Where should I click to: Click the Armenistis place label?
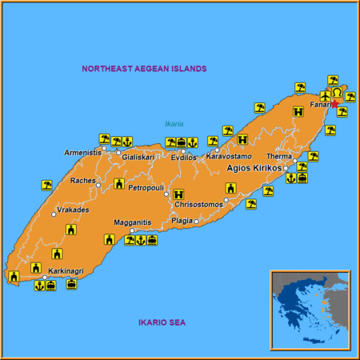83,152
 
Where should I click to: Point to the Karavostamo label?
229,156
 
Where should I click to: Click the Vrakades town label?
73,210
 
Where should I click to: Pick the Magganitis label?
132,222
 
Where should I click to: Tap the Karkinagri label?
66,271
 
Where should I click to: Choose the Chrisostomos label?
199,205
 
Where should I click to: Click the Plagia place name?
182,221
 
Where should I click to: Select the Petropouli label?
146,188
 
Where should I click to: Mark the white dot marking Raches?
99,186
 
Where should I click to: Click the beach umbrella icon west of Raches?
47,185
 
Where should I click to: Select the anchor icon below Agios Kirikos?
290,178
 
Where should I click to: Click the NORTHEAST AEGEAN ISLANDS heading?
144,69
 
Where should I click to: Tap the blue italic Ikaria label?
174,124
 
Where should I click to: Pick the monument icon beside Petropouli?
119,183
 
